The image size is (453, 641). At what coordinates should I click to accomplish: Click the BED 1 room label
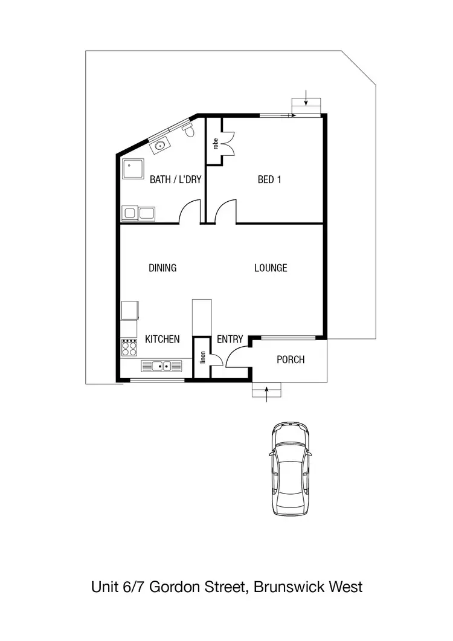click(x=270, y=179)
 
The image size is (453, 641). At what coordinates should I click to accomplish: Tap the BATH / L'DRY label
click(x=175, y=179)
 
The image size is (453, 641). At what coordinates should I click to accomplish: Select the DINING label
click(x=162, y=268)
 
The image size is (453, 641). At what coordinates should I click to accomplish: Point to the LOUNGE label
click(x=271, y=268)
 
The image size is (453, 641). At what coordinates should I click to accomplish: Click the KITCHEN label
click(x=162, y=340)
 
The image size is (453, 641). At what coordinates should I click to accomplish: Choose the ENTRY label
click(x=230, y=340)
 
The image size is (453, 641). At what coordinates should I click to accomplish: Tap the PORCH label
click(x=291, y=359)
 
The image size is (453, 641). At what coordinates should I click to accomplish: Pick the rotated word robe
click(x=214, y=144)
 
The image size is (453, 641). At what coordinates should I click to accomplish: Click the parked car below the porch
click(x=291, y=469)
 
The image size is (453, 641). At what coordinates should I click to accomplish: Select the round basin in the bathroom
click(x=161, y=145)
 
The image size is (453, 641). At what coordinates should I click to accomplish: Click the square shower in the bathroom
click(x=134, y=170)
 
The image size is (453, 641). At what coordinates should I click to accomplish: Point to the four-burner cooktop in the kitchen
click(x=129, y=348)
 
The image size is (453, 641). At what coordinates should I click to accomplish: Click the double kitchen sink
click(x=161, y=366)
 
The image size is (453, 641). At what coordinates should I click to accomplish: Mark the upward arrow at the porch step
click(x=266, y=392)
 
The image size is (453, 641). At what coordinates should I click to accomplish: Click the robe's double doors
click(x=228, y=146)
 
